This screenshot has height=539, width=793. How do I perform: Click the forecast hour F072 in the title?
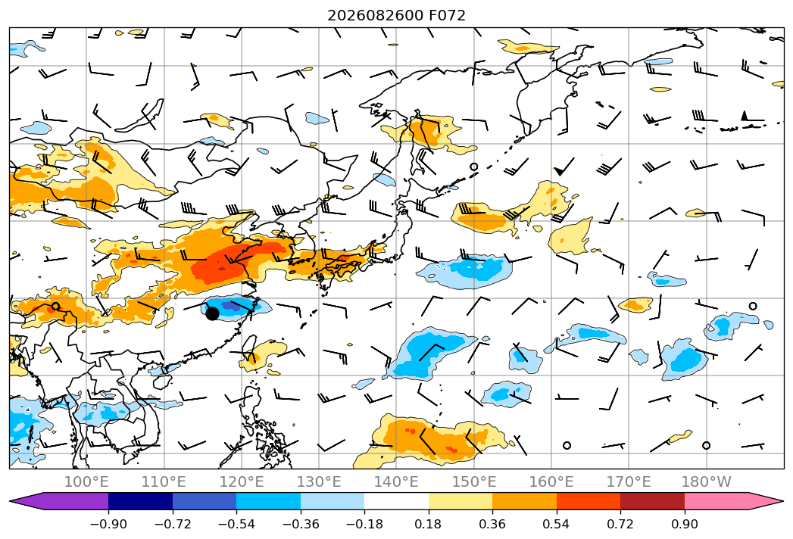(x=447, y=15)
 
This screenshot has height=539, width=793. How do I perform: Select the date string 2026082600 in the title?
(x=375, y=15)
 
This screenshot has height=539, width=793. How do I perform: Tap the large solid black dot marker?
(x=212, y=313)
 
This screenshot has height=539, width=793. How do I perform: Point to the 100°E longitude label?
(x=86, y=481)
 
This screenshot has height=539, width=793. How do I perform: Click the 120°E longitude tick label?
(x=242, y=481)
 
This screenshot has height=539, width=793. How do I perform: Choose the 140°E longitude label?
(x=396, y=481)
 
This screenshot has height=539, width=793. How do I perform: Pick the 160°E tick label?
(x=551, y=481)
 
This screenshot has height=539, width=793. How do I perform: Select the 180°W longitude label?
(x=706, y=481)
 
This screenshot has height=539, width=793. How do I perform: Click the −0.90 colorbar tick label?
(x=108, y=524)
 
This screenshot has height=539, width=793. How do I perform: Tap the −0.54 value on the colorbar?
(x=236, y=524)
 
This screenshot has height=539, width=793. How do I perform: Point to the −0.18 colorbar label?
(x=364, y=524)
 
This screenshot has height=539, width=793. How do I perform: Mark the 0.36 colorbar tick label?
(x=492, y=524)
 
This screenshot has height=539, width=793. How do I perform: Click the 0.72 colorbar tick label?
(x=620, y=524)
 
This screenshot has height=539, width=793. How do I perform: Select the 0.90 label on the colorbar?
(x=684, y=524)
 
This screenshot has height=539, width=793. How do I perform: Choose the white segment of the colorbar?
(x=397, y=501)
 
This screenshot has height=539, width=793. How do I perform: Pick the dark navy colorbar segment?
(x=140, y=501)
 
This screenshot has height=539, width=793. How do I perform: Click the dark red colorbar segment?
(x=652, y=501)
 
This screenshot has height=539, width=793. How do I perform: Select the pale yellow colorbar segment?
(x=461, y=501)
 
